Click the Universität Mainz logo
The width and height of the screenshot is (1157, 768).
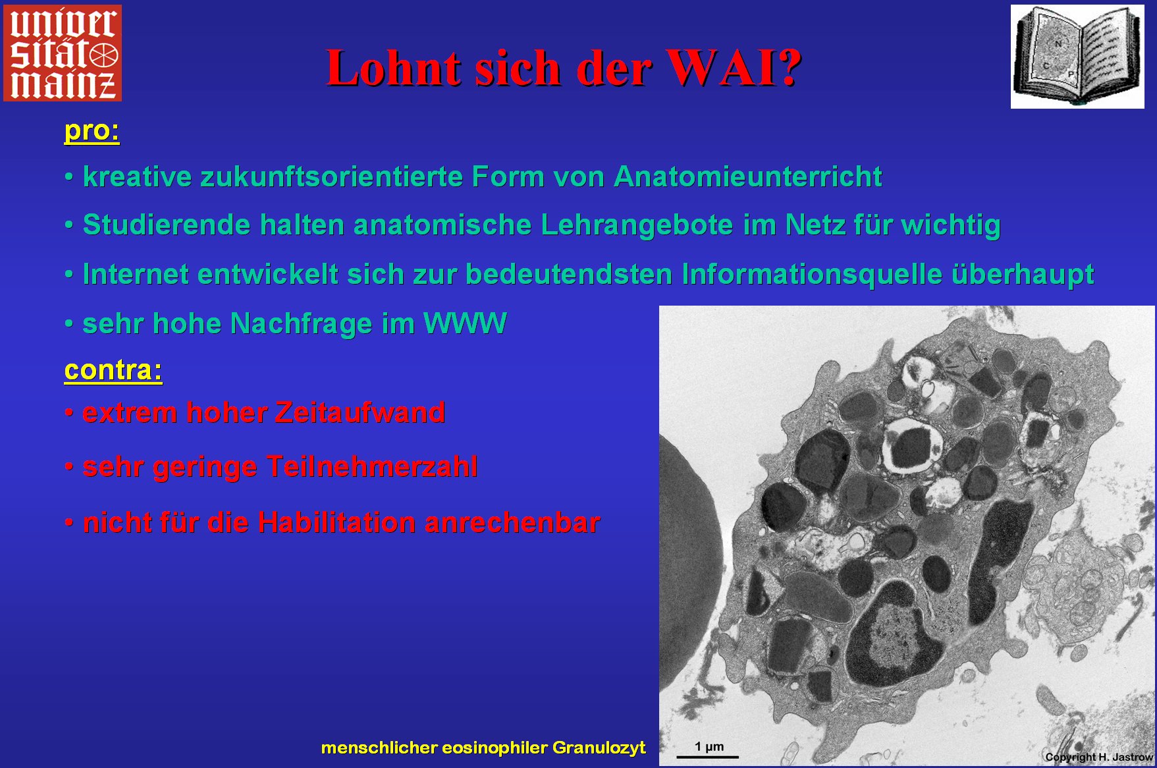[63, 53]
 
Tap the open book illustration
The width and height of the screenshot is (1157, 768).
[1077, 57]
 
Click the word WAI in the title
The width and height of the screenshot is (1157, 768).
[733, 68]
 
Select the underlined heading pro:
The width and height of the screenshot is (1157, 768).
[92, 131]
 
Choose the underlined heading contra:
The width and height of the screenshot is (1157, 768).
[113, 370]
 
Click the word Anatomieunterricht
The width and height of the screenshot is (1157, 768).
[748, 177]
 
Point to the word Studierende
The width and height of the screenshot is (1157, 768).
[167, 225]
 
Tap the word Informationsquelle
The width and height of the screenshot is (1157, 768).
[812, 275]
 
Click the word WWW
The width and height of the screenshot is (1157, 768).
[465, 323]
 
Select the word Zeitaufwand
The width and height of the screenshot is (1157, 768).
[360, 413]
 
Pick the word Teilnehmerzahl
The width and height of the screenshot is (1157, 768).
[372, 467]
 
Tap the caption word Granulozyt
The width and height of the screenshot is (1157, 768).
[599, 748]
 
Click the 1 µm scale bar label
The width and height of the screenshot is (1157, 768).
[709, 747]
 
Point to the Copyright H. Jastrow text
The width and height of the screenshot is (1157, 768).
[1098, 757]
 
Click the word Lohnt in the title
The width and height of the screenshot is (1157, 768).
[394, 68]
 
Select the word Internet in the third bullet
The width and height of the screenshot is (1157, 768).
[136, 275]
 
